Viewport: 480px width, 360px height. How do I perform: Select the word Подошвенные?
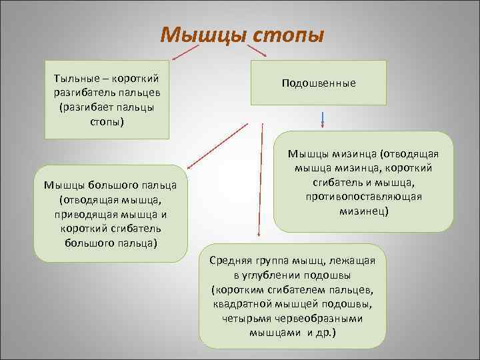click(319, 83)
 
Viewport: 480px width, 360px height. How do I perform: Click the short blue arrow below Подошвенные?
click(323, 119)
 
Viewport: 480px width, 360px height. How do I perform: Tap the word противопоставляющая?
click(363, 197)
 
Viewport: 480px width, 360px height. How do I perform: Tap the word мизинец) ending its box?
click(363, 211)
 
